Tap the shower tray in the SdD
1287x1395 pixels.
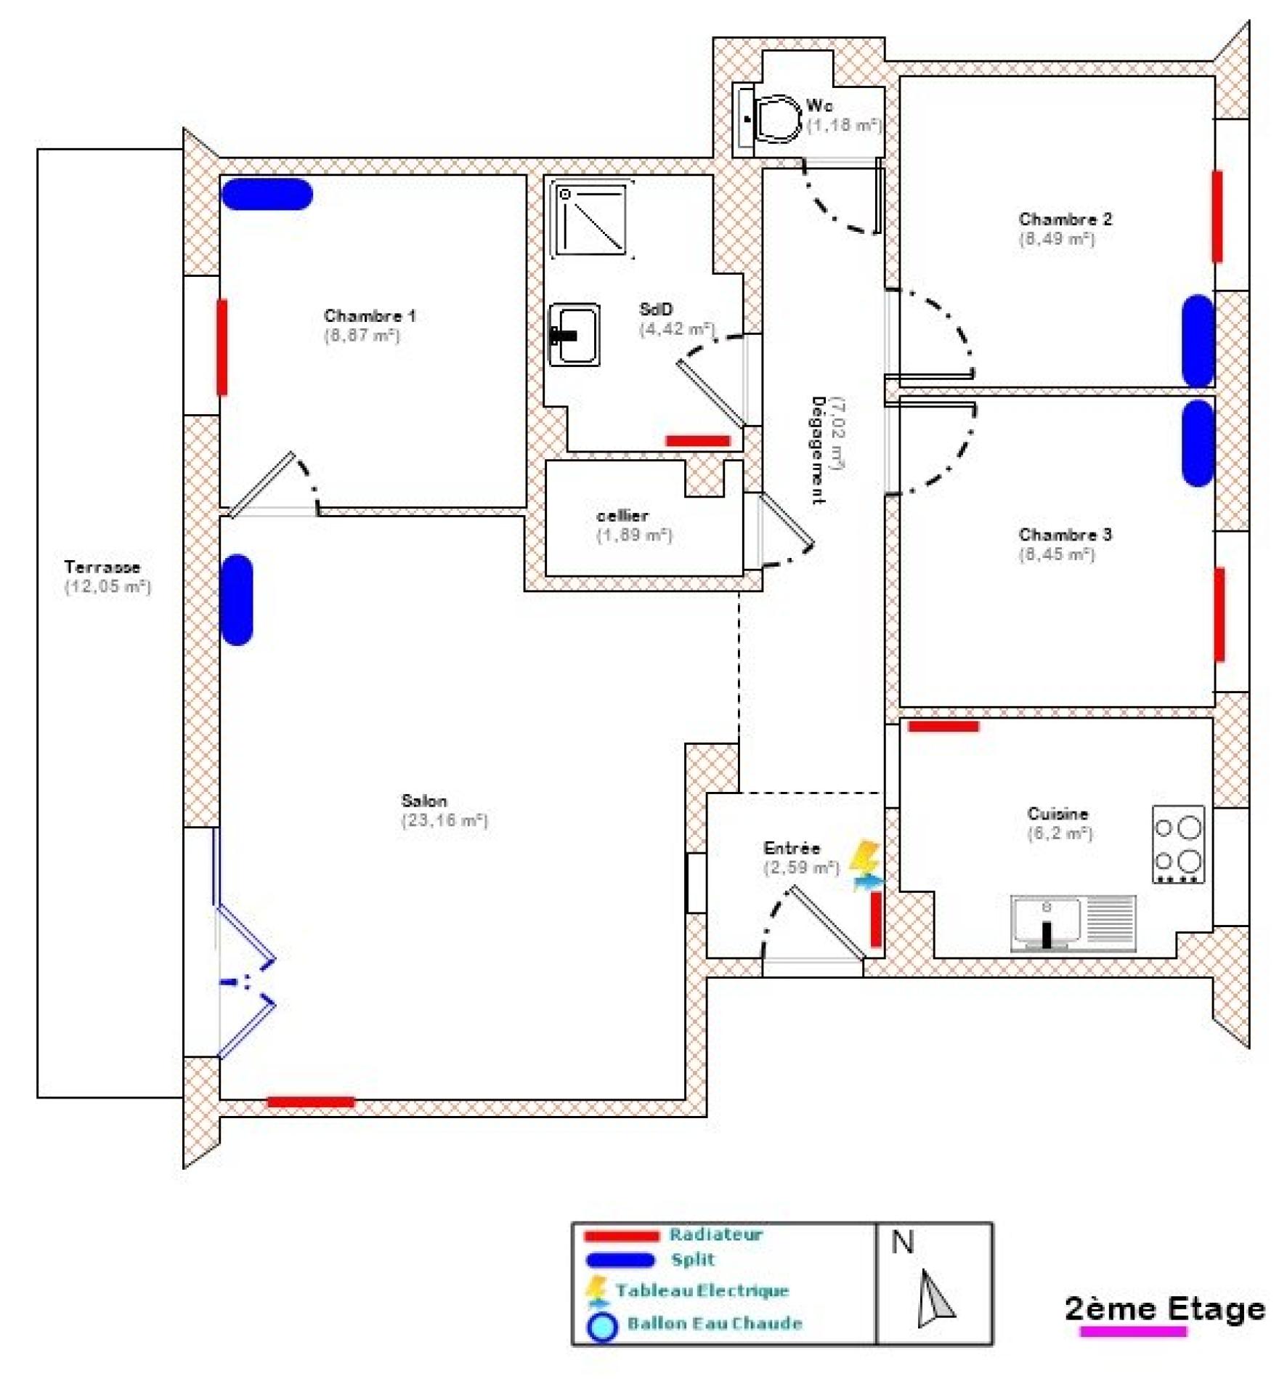591,219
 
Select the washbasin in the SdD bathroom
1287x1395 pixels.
575,334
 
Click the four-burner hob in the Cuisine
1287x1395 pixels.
1178,844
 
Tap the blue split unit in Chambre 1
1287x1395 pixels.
267,195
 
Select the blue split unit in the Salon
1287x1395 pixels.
237,599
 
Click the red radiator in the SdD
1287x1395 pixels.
697,440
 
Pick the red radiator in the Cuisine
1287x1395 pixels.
943,726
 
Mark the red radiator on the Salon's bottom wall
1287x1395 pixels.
311,1101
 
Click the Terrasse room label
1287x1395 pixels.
102,567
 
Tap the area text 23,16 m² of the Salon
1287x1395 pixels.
444,820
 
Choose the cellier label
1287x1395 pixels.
622,516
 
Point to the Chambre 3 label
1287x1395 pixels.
1065,535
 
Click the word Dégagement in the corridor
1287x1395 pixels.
818,450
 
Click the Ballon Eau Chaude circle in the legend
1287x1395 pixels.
602,1327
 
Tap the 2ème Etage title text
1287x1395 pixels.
1164,1309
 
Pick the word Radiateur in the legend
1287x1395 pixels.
715,1234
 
